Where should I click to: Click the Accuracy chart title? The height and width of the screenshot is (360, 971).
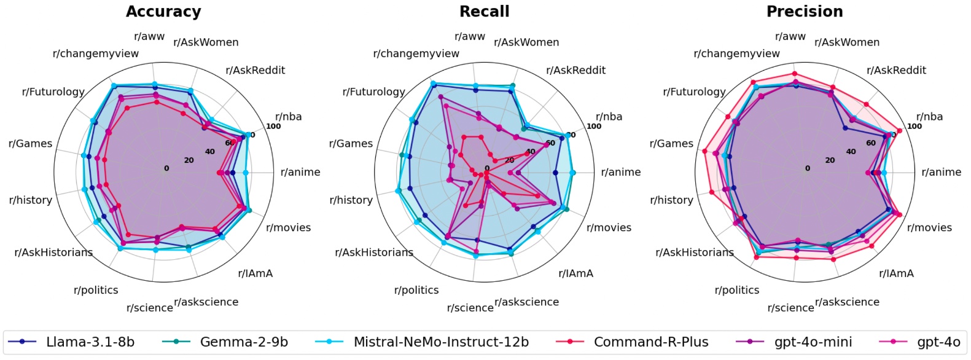[163, 12]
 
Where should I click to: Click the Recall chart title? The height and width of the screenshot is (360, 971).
[484, 12]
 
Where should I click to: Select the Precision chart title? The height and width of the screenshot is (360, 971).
[805, 12]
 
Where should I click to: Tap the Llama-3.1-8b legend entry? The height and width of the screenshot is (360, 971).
[90, 342]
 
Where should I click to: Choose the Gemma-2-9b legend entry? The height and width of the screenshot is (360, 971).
[244, 342]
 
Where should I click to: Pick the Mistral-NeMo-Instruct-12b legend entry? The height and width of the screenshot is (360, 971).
[441, 342]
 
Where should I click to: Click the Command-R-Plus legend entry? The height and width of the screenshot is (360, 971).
[650, 342]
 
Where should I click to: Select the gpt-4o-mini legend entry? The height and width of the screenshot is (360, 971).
[813, 342]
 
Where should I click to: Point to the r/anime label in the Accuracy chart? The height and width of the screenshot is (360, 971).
[300, 172]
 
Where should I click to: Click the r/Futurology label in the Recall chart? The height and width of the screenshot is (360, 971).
[374, 92]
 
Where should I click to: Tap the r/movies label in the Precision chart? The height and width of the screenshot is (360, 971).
[929, 227]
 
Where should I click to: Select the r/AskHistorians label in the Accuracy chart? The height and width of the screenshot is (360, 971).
[53, 252]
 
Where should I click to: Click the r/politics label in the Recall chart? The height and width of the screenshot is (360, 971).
[416, 290]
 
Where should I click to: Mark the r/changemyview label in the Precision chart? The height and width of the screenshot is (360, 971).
[736, 53]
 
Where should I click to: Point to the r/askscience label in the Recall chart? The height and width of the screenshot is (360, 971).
[526, 302]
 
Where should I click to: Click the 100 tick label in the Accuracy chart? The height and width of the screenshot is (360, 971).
[273, 127]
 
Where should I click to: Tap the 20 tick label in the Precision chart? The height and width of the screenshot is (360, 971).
[830, 160]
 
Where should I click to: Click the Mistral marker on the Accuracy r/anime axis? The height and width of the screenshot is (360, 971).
[246, 173]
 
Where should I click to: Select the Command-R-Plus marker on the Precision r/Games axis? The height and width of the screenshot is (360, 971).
[705, 151]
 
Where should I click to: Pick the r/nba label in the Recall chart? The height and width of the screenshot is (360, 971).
[609, 117]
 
